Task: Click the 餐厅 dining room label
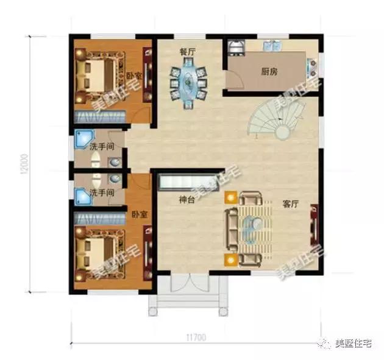coord(187,52)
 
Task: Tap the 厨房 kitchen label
coord(269,71)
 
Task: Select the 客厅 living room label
coord(290,205)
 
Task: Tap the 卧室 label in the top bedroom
coord(134,76)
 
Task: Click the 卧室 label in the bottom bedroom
coord(139,214)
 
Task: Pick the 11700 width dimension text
coord(196,336)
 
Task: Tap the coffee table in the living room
coord(249,228)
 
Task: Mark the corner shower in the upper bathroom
coord(83,140)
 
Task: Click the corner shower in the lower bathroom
coord(83,196)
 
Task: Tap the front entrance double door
coord(189,285)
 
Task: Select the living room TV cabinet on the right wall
coord(315,225)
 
